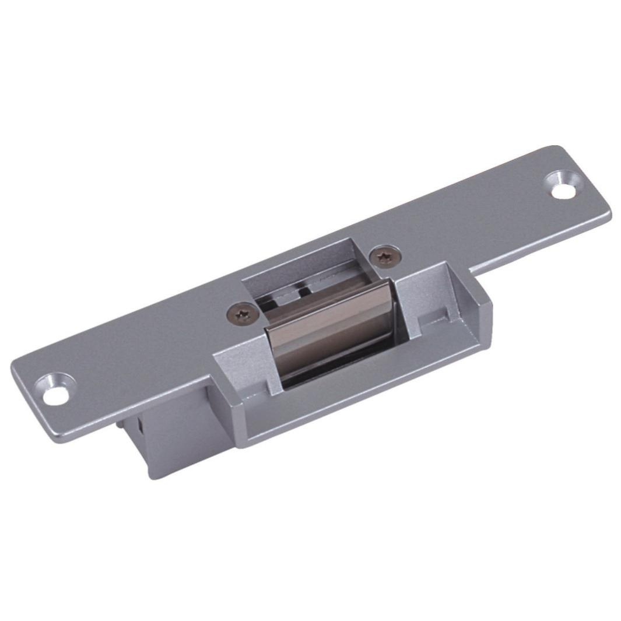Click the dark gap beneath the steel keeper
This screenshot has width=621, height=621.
(338, 373)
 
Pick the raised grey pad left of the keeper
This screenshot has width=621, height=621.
(242, 362)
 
